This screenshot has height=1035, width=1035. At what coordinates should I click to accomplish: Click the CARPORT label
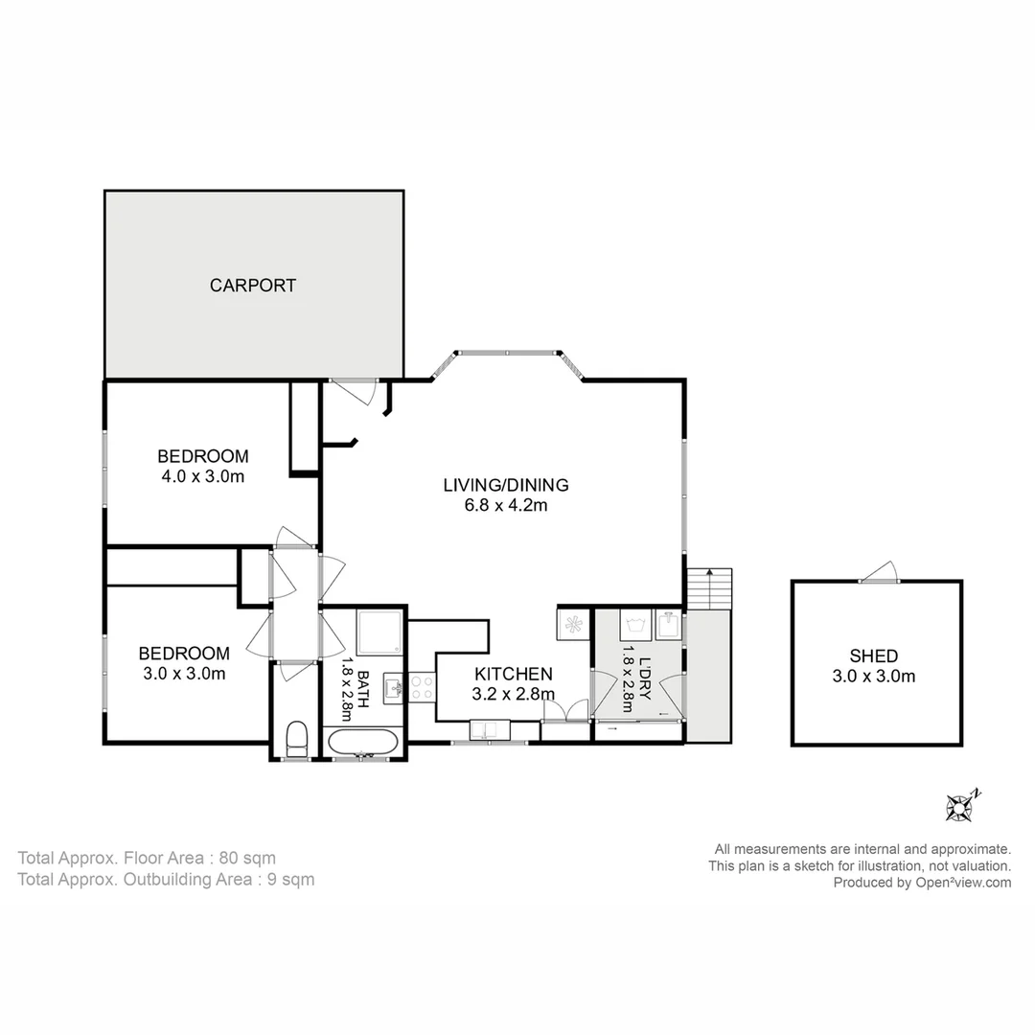[x=253, y=285]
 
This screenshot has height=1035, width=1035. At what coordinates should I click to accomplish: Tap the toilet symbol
[x=297, y=739]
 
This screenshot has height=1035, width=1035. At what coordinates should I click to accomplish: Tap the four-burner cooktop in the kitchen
[x=422, y=686]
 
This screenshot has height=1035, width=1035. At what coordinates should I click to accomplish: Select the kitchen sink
[x=488, y=731]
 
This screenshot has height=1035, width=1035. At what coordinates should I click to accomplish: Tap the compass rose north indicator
[x=960, y=806]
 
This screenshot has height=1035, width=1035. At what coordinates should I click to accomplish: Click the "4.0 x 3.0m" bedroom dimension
[x=203, y=476]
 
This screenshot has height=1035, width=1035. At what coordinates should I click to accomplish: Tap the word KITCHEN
[x=513, y=674]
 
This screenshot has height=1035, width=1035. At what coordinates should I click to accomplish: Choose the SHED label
[x=874, y=656]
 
